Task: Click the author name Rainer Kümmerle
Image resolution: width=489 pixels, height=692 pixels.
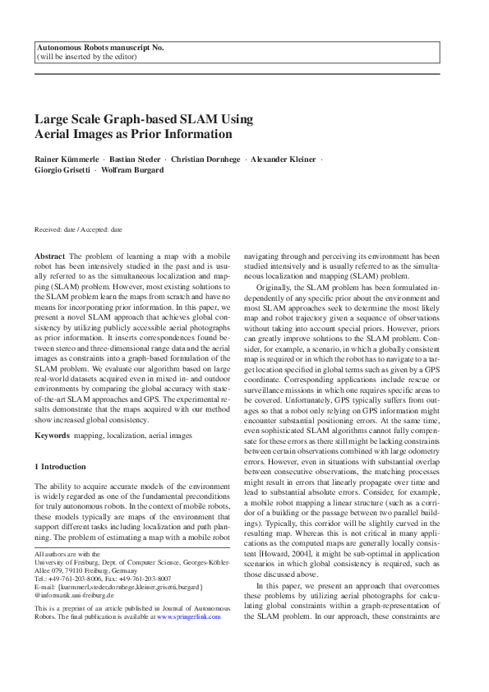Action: [x=65, y=159]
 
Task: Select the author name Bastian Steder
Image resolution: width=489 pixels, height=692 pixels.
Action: [x=134, y=159]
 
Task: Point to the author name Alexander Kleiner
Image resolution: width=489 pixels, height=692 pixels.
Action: [x=284, y=159]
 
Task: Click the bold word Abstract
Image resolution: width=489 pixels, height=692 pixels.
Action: [x=48, y=257]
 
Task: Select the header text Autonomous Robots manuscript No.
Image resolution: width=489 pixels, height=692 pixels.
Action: [x=100, y=48]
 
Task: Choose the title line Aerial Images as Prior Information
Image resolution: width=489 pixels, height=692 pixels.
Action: [x=133, y=134]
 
